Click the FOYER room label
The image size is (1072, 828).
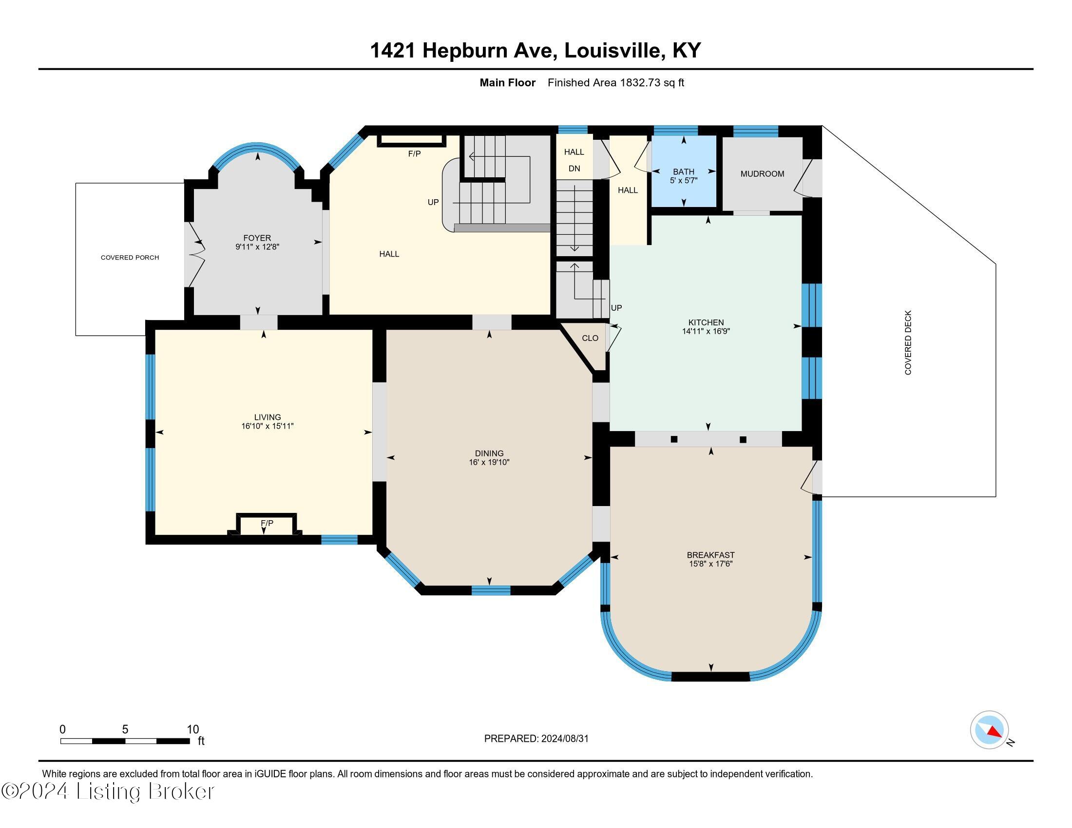pos(257,238)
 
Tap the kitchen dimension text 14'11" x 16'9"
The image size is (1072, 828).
pos(706,331)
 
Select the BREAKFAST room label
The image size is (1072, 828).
pos(710,555)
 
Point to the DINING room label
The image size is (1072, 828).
pos(489,453)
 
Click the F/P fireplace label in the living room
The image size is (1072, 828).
pos(267,524)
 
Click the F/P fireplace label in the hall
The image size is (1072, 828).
pos(414,153)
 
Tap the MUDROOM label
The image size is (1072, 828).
pos(762,174)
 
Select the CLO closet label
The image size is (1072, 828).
pos(590,338)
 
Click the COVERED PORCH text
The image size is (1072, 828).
pos(130,258)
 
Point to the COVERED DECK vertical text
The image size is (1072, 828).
pos(908,342)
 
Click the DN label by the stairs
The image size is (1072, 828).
pos(574,168)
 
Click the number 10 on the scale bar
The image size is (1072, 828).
pos(192,729)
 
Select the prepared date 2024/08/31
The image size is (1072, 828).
pos(564,738)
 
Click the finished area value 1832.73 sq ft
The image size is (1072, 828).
pos(651,82)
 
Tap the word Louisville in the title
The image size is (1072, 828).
pos(613,50)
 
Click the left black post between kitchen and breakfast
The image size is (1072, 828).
pos(674,439)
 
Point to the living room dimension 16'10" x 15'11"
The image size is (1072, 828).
pos(267,426)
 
